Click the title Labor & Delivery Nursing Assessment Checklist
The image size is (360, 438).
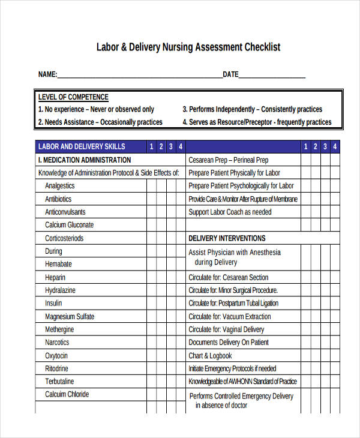[188, 47]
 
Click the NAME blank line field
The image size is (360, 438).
[140, 75]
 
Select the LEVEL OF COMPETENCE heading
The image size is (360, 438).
[73, 97]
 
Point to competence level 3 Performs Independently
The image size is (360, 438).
[252, 109]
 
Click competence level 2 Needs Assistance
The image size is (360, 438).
[100, 122]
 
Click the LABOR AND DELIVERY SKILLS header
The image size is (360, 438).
[82, 146]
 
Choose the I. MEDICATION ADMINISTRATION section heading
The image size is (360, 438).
[85, 160]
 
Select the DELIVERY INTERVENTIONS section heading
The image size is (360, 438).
[227, 238]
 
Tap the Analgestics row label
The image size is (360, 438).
[60, 186]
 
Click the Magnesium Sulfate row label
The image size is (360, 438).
[70, 317]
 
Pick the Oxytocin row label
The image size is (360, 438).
[58, 356]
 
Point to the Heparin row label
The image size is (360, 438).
[55, 278]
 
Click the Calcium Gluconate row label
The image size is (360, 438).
[70, 225]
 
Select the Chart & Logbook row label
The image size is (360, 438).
[210, 356]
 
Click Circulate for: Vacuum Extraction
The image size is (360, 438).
[230, 317]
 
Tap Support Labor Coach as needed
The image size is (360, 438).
[230, 212]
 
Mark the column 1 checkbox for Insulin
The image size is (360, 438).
[152, 304]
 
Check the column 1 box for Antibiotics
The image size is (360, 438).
[152, 199]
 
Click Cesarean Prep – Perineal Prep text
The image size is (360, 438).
[229, 160]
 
